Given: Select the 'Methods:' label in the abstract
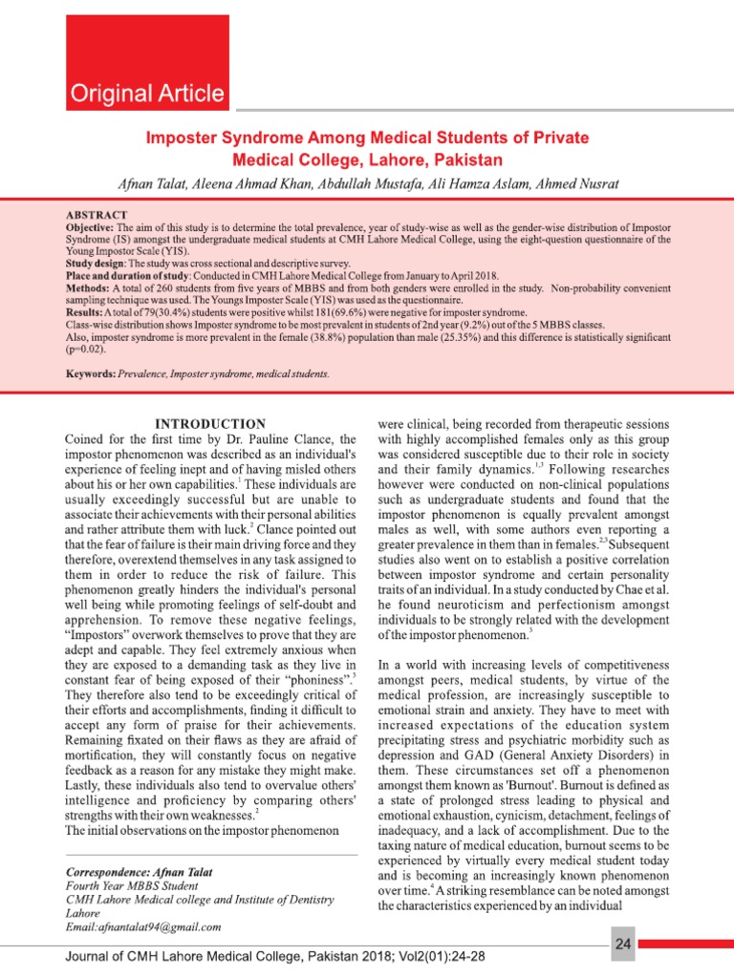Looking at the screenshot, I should [88, 287].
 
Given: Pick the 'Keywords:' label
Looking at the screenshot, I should [91, 374].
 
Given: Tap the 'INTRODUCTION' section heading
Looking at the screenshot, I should [210, 424].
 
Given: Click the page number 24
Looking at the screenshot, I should [623, 945].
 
